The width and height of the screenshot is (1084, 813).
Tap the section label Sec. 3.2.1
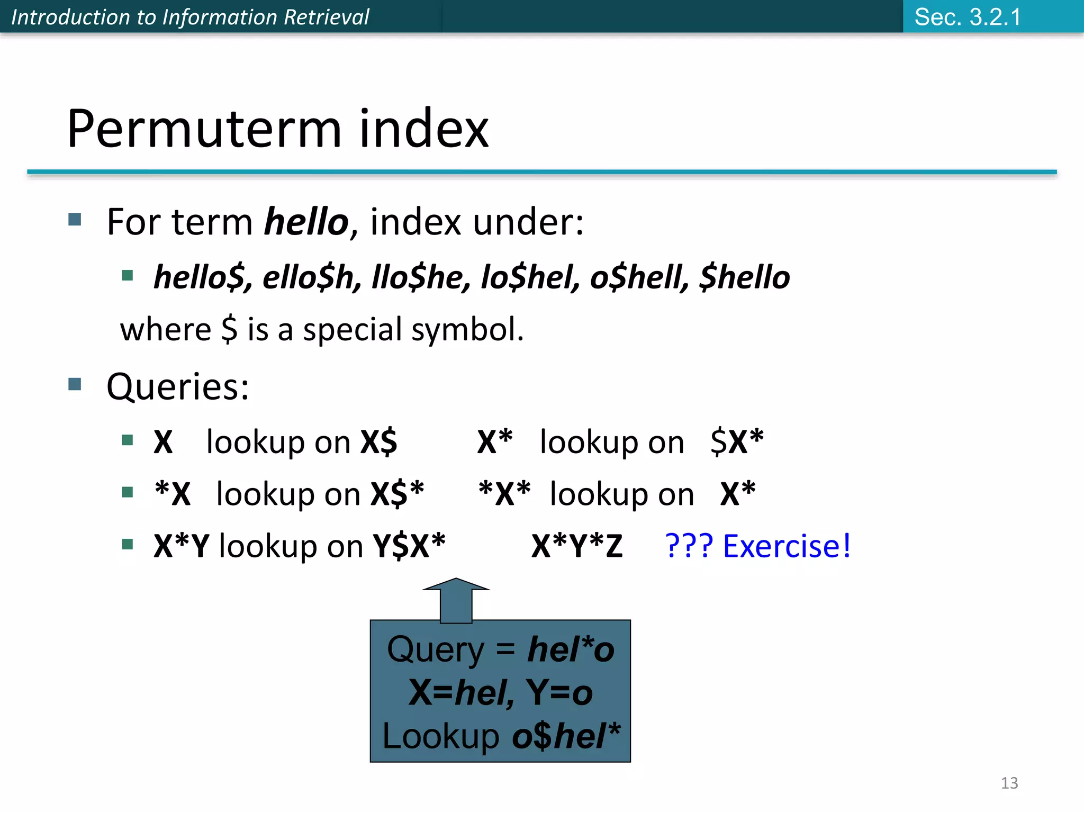tap(968, 17)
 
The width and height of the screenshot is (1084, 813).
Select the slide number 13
tap(1009, 783)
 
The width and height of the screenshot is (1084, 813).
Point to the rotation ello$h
tap(308, 277)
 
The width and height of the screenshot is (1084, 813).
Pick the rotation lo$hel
tap(530, 277)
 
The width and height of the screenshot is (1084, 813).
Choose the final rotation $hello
tap(745, 277)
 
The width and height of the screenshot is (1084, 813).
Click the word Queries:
tap(178, 386)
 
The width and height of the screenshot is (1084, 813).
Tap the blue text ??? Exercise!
tap(757, 546)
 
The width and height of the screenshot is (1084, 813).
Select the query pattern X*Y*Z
tap(577, 546)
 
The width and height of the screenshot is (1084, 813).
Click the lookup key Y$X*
tap(409, 546)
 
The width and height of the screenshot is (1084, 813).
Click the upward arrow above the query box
tap(456, 601)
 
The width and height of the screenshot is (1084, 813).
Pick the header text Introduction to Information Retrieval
tap(190, 17)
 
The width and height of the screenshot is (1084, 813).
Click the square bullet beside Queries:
tap(75, 384)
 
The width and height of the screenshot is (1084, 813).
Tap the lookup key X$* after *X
tap(397, 493)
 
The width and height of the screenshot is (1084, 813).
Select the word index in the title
tap(423, 129)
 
